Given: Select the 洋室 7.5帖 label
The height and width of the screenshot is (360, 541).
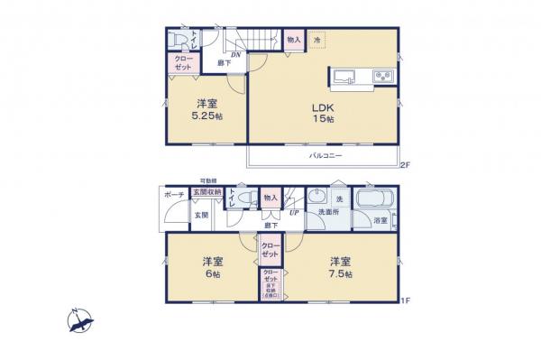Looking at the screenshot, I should (x=341, y=268).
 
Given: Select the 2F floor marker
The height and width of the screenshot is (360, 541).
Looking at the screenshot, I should (x=405, y=165).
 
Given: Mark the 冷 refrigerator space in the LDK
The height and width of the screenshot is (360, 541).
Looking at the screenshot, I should (x=317, y=40).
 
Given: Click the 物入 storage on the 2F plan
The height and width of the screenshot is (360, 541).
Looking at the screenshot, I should (x=294, y=40).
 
